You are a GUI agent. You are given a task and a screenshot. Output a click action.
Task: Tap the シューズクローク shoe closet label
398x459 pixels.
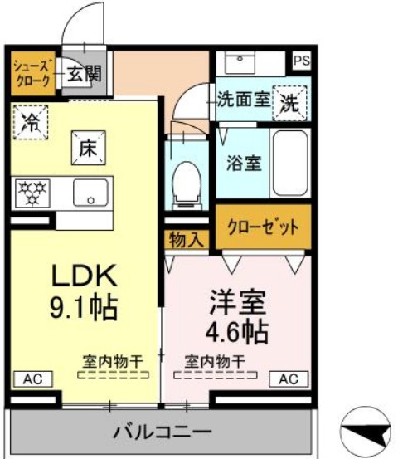pos(32,73)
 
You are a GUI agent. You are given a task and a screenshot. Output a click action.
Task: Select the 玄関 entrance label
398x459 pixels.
pos(84,73)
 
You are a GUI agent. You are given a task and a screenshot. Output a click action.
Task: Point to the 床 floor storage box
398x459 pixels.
pos(89,149)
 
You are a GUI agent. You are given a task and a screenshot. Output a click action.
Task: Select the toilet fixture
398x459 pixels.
pos(187,178)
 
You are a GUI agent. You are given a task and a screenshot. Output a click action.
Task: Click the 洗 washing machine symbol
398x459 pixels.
pos(290,102)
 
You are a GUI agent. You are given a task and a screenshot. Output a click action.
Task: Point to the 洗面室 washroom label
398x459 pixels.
pos(243,100)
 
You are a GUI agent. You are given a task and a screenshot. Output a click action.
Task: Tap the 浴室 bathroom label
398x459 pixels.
pos(244,162)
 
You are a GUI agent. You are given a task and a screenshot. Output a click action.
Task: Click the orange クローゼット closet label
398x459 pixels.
pos(264,227)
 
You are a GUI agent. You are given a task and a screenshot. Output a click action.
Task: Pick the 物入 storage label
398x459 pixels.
pos(186,240)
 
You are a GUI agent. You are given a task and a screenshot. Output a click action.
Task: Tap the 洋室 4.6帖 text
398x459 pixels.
pos(236,315)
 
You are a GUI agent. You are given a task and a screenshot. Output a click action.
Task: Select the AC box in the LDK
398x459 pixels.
pos(32,378)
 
